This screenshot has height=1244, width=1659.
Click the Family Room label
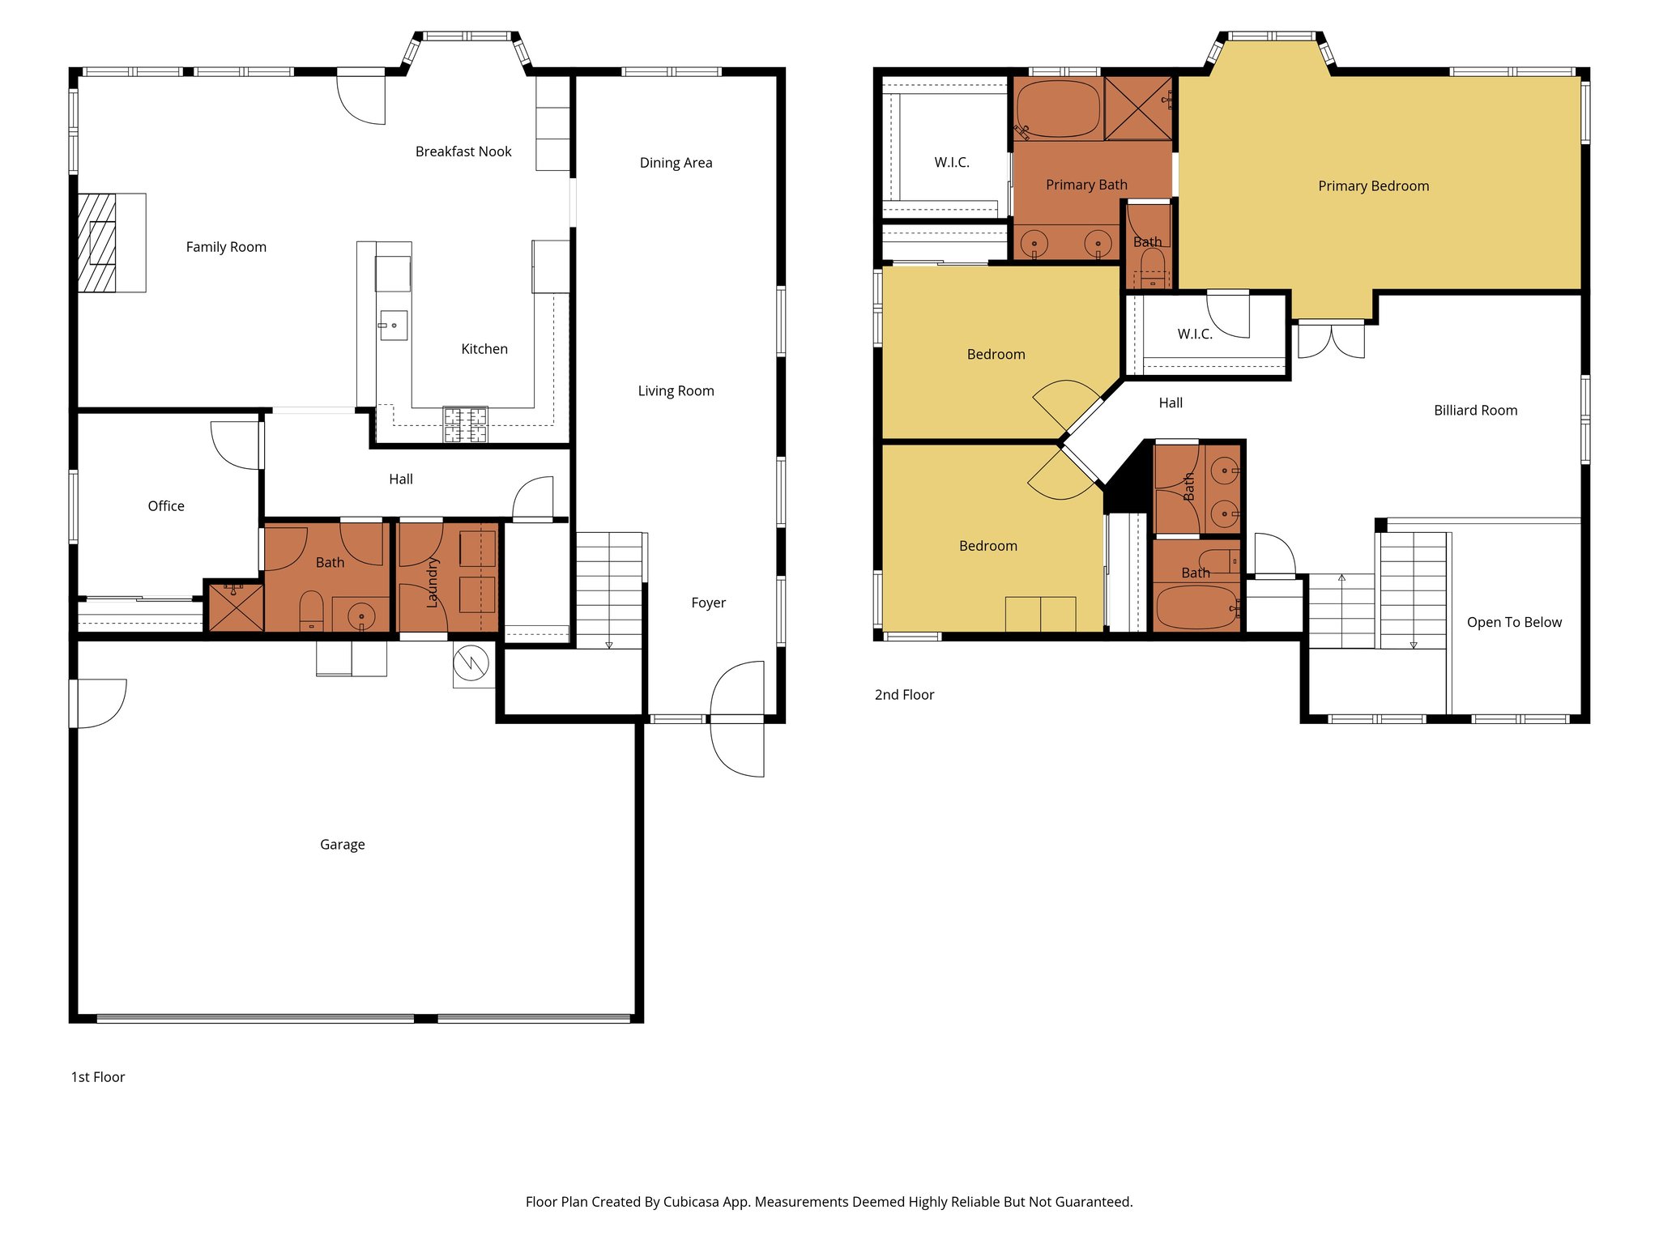[x=226, y=247]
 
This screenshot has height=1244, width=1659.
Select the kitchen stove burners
[x=466, y=424]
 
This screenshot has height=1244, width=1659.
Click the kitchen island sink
[x=393, y=326]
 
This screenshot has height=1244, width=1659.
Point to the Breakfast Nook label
[x=463, y=151]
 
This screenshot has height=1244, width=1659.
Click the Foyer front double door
[x=738, y=718]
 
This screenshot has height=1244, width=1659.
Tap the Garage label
[x=342, y=845]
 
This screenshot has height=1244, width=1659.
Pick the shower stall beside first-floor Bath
[x=236, y=607]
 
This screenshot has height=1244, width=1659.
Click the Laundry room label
[x=432, y=582]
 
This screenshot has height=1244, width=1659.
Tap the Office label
[x=166, y=506]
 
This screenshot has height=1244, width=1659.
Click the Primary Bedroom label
[x=1373, y=186]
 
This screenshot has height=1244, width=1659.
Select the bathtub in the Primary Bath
[x=1058, y=109]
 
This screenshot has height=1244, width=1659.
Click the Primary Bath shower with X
[x=1137, y=109]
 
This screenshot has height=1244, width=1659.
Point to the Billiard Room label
[x=1475, y=411]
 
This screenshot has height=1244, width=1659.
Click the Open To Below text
[x=1514, y=622]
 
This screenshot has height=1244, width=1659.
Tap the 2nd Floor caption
[x=904, y=695]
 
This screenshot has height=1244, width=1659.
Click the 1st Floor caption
[x=98, y=1077]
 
